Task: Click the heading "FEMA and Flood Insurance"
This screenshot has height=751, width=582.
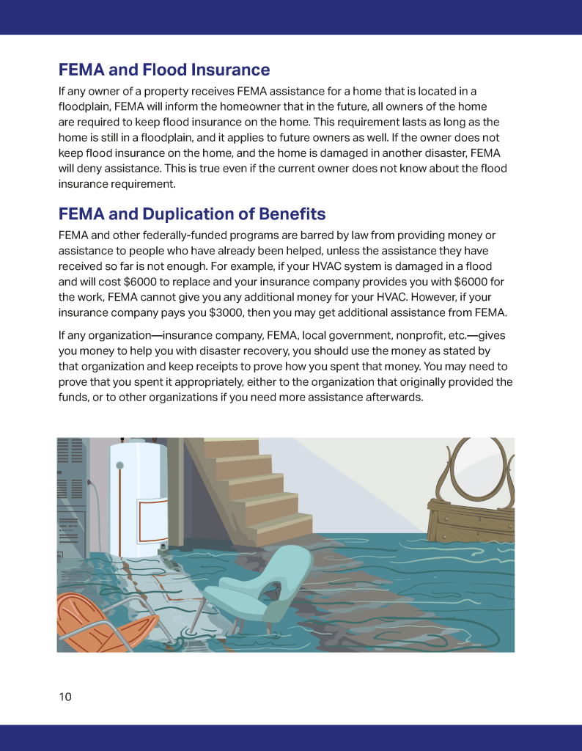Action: [x=164, y=70]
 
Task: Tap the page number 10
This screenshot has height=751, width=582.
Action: [x=65, y=697]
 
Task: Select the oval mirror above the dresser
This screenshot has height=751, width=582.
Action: [x=469, y=469]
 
